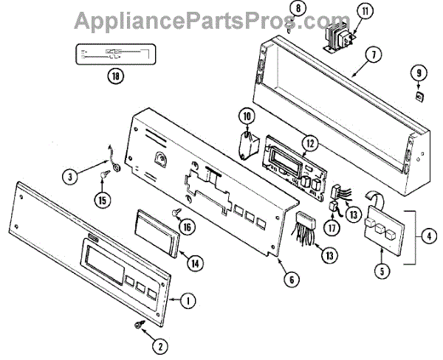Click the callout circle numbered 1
(188, 300)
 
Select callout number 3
(69, 176)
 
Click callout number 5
(382, 271)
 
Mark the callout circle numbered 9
(419, 72)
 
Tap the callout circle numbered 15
(101, 198)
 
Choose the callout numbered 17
(334, 229)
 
